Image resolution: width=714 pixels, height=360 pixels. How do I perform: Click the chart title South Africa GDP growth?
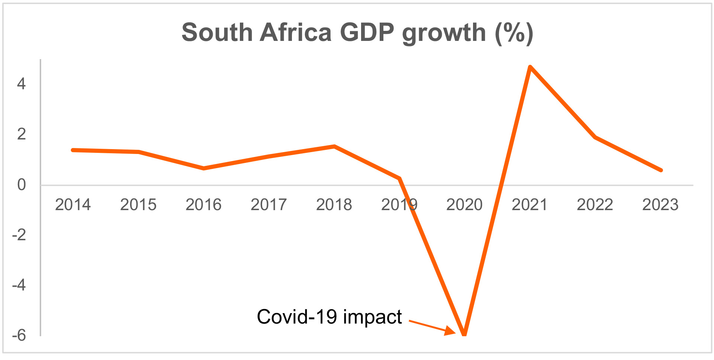point(357,33)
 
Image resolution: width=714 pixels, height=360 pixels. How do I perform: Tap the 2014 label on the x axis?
point(73,205)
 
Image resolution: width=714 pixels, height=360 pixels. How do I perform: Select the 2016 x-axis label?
point(203,205)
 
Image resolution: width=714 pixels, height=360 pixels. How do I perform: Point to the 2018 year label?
point(334,205)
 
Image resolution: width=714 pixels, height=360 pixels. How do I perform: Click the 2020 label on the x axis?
point(464,205)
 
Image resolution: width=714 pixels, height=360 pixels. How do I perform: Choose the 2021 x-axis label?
point(530,205)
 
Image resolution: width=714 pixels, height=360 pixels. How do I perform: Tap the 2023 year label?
point(660,205)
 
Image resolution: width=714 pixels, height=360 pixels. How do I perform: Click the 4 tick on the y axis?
point(21,84)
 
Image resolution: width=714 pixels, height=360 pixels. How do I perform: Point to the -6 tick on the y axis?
point(19,335)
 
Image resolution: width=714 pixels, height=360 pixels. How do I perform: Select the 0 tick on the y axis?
point(21,185)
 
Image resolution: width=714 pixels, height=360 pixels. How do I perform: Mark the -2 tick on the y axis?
point(19,235)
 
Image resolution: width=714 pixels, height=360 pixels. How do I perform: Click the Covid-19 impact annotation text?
point(329,317)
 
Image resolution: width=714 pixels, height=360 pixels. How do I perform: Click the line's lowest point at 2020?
point(464,334)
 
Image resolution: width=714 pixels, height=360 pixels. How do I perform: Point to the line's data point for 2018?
point(334,147)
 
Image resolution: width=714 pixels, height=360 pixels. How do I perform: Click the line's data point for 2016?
point(204,168)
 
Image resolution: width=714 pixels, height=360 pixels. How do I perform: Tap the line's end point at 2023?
point(661,170)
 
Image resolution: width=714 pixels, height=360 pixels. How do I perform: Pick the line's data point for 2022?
point(595,137)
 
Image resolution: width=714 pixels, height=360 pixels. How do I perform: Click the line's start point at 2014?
point(73,150)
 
